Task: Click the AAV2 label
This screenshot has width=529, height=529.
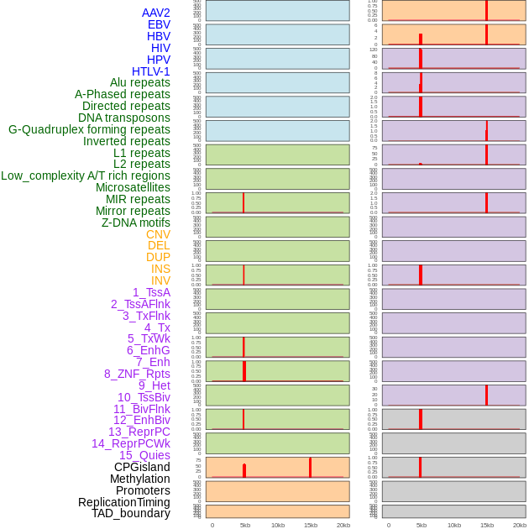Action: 156,13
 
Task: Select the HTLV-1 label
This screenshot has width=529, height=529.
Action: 151,71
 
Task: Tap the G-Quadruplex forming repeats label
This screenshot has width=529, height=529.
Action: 89,129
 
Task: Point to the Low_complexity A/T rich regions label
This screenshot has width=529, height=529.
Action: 86,175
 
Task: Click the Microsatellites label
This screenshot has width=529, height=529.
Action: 133,187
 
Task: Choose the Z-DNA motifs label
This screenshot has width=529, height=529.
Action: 136,223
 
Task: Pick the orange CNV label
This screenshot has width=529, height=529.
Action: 158,234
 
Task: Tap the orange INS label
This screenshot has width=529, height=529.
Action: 160,269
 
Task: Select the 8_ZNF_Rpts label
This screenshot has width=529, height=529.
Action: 137,374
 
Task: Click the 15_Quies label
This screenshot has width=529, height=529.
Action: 144,455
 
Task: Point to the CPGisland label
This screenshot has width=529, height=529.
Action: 142,467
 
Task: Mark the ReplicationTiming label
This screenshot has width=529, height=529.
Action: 124,502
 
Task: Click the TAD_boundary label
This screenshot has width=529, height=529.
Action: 131,513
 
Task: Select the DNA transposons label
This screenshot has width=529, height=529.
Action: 124,118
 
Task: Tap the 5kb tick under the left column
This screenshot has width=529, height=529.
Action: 245,525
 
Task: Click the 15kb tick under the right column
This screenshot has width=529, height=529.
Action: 487,525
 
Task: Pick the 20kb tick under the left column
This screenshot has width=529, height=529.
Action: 343,525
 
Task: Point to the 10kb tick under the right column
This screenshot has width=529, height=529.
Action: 454,525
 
